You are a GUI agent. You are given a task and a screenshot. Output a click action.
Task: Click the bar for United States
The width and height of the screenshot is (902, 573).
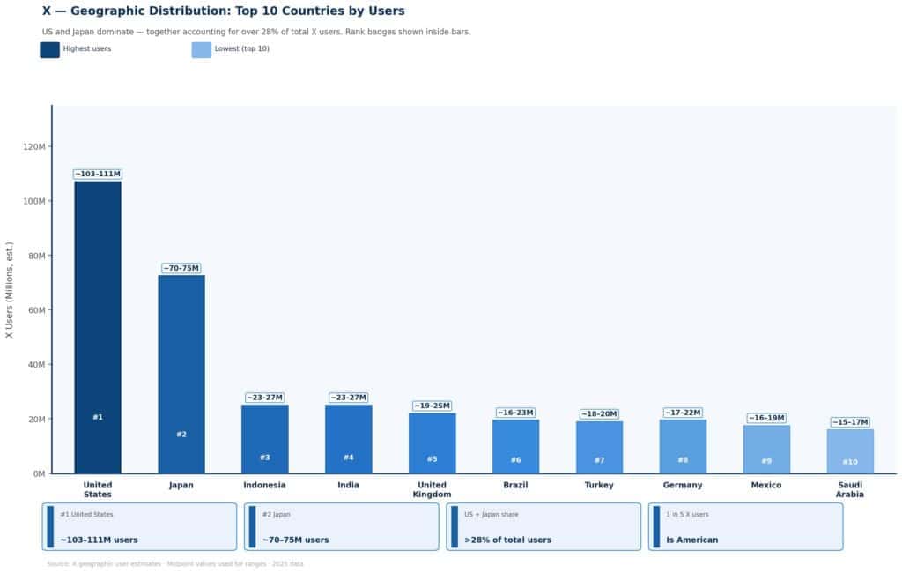point(98,326)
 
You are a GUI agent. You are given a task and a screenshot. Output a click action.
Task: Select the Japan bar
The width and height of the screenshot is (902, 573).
point(181,374)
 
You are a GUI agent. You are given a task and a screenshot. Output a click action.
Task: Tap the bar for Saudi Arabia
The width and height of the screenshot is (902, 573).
point(849,450)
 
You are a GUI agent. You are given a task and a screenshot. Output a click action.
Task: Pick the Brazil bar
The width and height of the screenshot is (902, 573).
point(515,446)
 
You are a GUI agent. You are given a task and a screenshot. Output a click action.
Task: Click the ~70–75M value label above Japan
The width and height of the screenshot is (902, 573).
point(181,268)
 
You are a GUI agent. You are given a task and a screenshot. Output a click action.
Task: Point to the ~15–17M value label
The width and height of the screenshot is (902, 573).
point(849,422)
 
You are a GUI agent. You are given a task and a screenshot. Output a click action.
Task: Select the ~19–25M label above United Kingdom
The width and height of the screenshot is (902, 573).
point(432,406)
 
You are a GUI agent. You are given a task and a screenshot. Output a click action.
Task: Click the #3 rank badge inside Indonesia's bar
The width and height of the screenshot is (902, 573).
point(265,458)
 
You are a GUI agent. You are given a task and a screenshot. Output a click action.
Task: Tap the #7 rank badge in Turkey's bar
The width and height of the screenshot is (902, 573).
point(599,460)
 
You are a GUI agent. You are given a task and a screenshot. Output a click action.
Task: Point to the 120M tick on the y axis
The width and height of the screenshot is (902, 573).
point(35,146)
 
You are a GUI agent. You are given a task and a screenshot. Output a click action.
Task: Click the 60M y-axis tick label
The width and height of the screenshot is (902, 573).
point(35,310)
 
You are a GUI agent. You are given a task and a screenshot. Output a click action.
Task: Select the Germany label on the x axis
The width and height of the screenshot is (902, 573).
point(683,485)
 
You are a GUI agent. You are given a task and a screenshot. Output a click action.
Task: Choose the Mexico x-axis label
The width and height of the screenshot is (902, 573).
point(766,485)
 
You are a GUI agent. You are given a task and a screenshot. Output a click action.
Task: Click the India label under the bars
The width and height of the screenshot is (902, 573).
point(348,485)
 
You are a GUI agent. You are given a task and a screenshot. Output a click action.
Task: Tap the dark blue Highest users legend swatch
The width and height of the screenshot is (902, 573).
point(49,49)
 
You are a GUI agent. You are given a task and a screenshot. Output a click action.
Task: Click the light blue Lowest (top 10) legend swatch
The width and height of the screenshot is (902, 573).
point(201,49)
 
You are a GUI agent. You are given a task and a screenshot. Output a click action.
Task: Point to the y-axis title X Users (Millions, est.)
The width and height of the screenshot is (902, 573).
point(10,290)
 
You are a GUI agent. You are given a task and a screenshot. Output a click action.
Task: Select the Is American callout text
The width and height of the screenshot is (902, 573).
point(691,540)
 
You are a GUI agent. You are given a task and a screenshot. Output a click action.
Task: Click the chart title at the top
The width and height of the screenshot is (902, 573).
point(223,11)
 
